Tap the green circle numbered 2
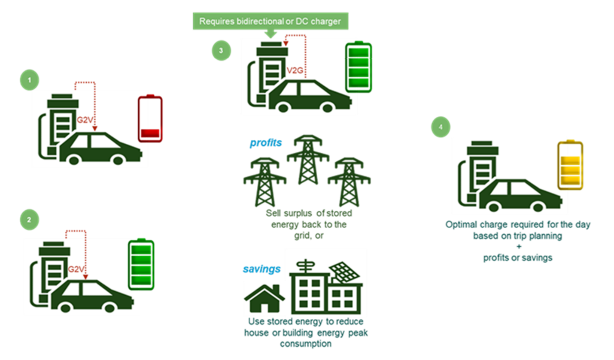pyautogui.click(x=29, y=219)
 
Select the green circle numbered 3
pyautogui.click(x=221, y=51)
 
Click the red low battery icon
pyautogui.click(x=150, y=118)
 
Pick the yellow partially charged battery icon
pyautogui.click(x=570, y=165)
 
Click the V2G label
pyautogui.click(x=295, y=72)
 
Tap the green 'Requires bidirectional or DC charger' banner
pyautogui.click(x=270, y=21)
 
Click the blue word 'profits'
pyautogui.click(x=266, y=142)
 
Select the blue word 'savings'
pyautogui.click(x=261, y=269)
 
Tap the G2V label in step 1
pyautogui.click(x=84, y=121)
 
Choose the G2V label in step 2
pyautogui.click(x=76, y=269)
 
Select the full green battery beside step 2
pyautogui.click(x=141, y=264)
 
